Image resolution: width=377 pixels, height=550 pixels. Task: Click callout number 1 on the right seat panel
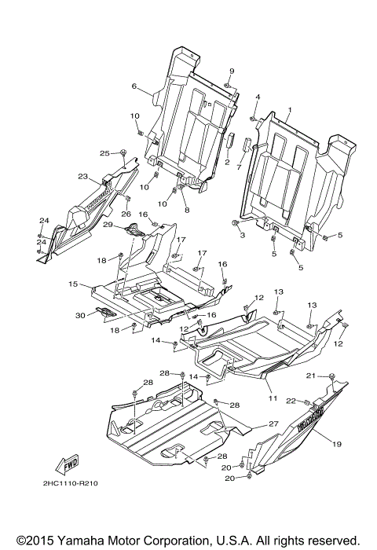click(x=289, y=110)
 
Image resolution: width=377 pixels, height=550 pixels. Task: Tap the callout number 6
click(x=134, y=86)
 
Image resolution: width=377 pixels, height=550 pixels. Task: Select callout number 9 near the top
click(x=232, y=71)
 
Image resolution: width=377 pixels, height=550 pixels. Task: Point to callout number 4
click(x=257, y=97)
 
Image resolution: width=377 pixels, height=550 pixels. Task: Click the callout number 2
click(x=227, y=162)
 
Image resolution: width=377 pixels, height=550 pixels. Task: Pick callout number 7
click(x=238, y=167)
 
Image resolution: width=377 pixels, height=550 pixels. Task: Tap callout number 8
click(x=187, y=210)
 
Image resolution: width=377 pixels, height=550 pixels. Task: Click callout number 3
click(x=243, y=235)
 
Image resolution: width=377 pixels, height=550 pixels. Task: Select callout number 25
click(x=104, y=152)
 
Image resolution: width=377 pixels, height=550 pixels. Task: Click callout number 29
click(x=109, y=225)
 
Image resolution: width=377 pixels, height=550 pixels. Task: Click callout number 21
click(x=332, y=376)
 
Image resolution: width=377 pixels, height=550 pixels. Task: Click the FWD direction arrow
click(x=71, y=461)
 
